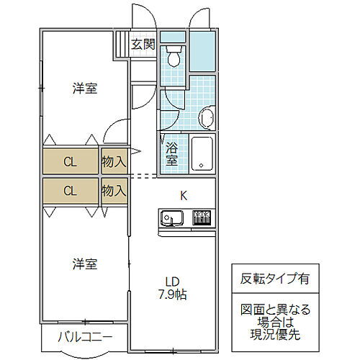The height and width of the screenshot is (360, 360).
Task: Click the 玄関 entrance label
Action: [x=143, y=45]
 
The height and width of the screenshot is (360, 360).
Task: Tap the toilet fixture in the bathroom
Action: [x=173, y=55]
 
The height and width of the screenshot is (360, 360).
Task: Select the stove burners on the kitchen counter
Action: [x=201, y=216]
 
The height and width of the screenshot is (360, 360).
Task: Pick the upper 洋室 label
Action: [x=84, y=89]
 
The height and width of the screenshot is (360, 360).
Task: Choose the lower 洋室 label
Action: [x=84, y=264]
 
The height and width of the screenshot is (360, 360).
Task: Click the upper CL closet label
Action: [x=70, y=161]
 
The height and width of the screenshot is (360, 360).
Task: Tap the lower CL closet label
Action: [x=70, y=192]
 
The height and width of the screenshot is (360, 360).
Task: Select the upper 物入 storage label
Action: [x=114, y=161]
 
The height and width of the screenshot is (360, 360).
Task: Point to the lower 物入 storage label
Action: [x=114, y=192]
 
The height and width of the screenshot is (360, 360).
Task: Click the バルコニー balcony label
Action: [x=85, y=336]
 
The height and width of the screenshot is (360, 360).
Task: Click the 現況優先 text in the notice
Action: [x=265, y=336]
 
